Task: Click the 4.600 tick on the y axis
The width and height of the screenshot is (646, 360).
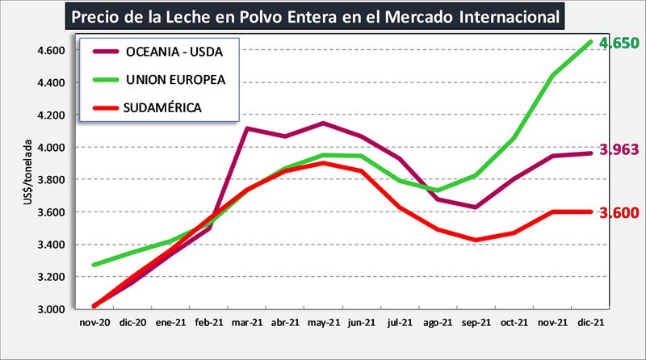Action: (51, 50)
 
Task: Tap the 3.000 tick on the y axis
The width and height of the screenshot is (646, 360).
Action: (51, 309)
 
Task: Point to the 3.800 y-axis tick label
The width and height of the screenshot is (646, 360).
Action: (51, 180)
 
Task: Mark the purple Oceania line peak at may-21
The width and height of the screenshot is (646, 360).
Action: (323, 123)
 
